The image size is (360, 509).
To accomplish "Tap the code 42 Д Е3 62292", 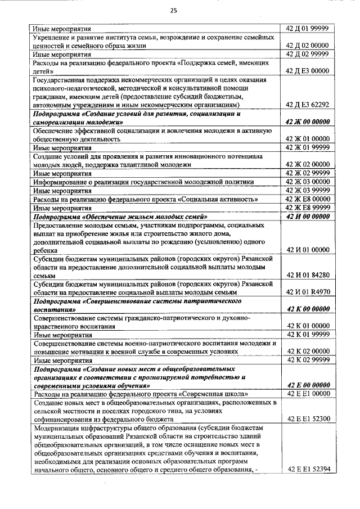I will coord(308,104).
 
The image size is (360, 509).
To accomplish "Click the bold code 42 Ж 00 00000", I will coord(308,121).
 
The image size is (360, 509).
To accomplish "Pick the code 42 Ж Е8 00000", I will coord(308,199).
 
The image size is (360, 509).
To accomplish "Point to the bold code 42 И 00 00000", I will coord(308,217).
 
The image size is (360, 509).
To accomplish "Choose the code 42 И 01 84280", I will coord(308,275).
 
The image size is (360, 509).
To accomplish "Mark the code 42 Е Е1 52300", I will coord(308,420).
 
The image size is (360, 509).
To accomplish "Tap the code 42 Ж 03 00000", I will coord(308,182).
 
